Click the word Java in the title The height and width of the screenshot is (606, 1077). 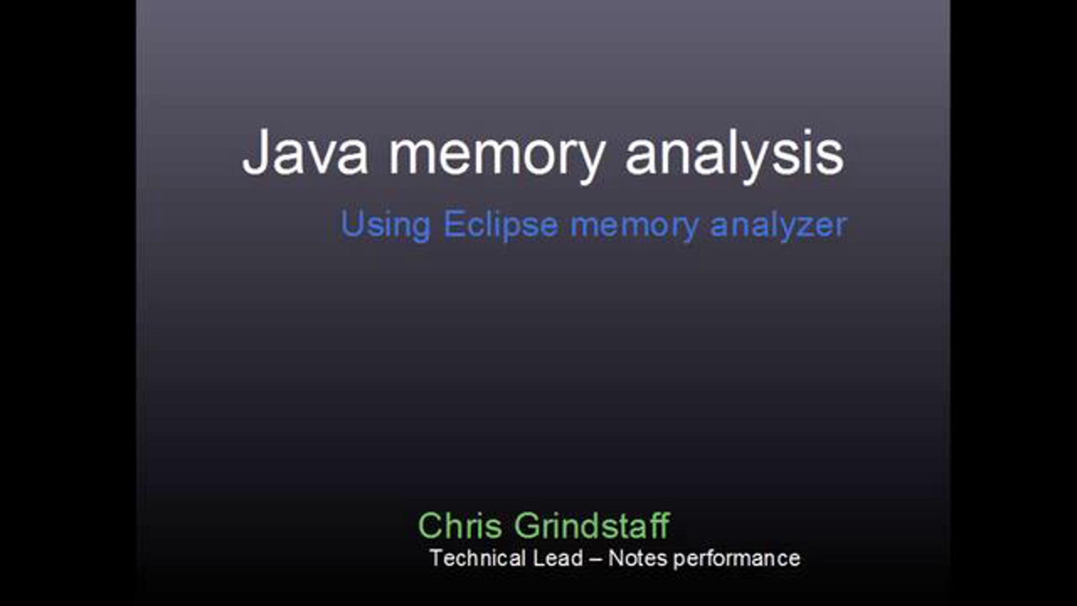pyautogui.click(x=305, y=152)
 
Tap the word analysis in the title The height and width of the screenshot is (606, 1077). pyautogui.click(x=735, y=155)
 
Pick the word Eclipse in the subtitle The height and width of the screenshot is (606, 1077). pyautogui.click(x=501, y=225)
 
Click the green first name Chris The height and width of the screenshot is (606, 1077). pyautogui.click(x=460, y=525)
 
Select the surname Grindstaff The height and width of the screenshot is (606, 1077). pyautogui.click(x=592, y=525)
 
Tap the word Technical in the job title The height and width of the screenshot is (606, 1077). pyautogui.click(x=477, y=558)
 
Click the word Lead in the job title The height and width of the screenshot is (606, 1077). pyautogui.click(x=557, y=558)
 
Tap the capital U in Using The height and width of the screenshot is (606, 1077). pyautogui.click(x=351, y=223)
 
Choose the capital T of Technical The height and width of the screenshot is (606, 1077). pyautogui.click(x=437, y=558)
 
